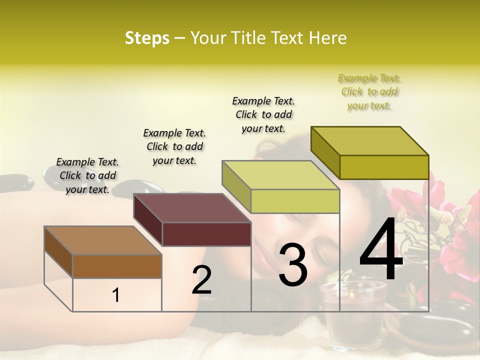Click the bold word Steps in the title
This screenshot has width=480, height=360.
[147, 38]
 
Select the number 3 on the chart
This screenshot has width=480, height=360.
[293, 265]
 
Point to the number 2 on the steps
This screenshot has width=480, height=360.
[201, 279]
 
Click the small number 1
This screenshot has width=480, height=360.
[116, 295]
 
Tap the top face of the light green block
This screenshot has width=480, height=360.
[280, 175]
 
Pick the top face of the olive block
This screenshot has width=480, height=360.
[369, 140]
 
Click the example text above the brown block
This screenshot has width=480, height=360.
[87, 175]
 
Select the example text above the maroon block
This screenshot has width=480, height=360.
[174, 146]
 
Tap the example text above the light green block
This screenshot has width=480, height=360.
[263, 114]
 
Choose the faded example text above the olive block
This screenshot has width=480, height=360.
[369, 91]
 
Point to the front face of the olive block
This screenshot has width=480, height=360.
[384, 167]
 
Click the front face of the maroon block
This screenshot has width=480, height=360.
[206, 234]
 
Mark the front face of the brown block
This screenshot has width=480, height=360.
[117, 266]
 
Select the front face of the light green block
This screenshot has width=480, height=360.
[295, 201]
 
